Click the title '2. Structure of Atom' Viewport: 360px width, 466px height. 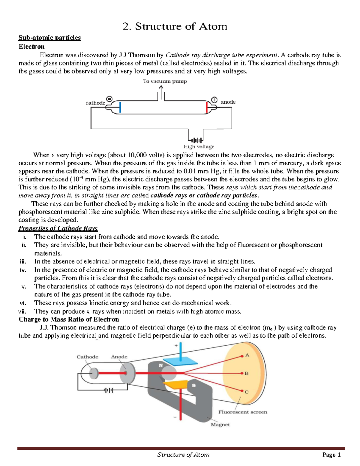tap(175, 26)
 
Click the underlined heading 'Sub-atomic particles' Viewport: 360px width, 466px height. tap(49, 38)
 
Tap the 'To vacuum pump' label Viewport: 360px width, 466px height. tap(165, 81)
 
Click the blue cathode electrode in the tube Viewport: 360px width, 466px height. tap(120, 107)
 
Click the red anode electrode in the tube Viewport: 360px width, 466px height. tap(207, 107)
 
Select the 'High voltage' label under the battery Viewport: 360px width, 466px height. tap(199, 147)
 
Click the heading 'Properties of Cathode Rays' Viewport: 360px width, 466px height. tap(58, 228)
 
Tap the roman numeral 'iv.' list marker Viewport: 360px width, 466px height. tap(23, 270)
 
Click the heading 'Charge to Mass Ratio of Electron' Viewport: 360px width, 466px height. tap(69, 319)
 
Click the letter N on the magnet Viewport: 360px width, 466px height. tap(160, 365)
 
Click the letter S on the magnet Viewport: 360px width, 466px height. tap(194, 385)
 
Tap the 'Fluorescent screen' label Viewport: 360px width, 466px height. tap(243, 412)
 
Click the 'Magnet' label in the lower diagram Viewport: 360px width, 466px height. tap(220, 425)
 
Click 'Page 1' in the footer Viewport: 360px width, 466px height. tap(331, 455)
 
